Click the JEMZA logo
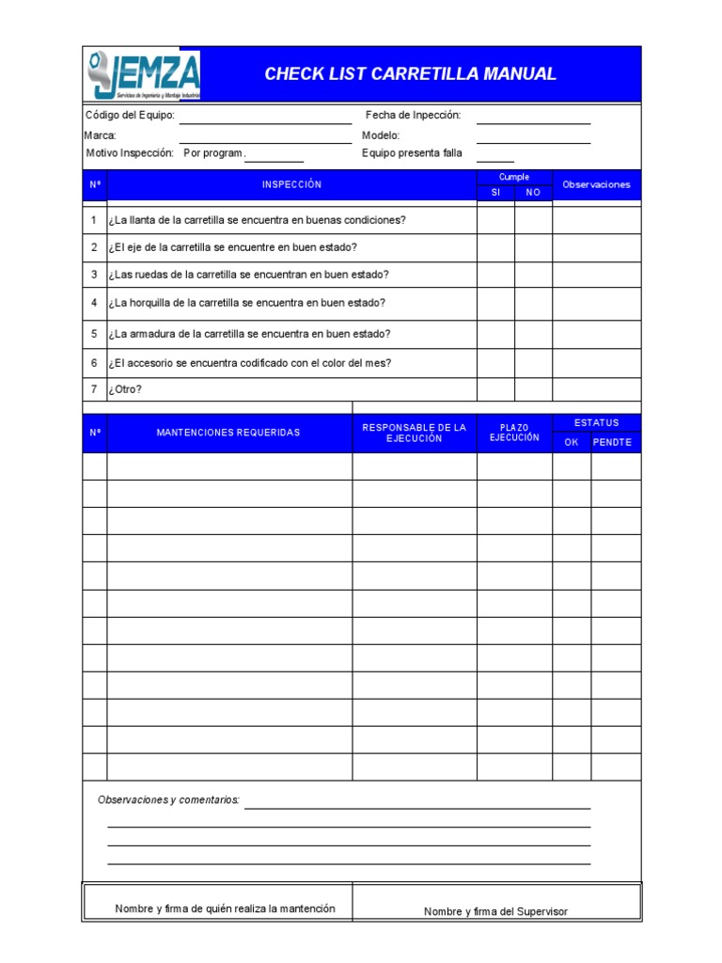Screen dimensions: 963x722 tap(143, 75)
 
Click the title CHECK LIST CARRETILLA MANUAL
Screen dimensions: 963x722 tap(410, 74)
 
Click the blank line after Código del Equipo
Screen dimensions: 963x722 tap(265, 117)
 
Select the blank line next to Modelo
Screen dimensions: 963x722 tap(533, 137)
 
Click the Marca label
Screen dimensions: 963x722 tap(101, 135)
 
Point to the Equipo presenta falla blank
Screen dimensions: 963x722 tap(494, 155)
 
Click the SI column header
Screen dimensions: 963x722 tap(495, 193)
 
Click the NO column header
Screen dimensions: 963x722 tap(533, 193)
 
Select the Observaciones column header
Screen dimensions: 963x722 tap(596, 185)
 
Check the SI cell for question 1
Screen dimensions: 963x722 tap(495, 220)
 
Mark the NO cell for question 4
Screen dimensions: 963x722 tap(533, 303)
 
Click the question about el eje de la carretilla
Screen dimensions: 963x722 tap(233, 247)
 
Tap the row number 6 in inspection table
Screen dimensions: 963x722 tap(94, 363)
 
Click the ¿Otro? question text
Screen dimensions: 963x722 tap(126, 389)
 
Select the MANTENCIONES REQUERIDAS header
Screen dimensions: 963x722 tap(228, 433)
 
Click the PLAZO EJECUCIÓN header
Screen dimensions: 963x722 tap(514, 433)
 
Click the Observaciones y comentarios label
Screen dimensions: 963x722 tap(169, 800)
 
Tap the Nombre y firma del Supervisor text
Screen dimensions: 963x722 tap(496, 911)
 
